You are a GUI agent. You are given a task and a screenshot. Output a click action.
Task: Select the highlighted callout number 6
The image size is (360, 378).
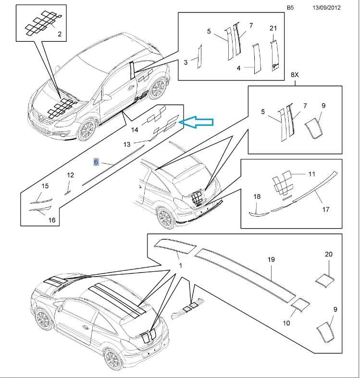click(96, 162)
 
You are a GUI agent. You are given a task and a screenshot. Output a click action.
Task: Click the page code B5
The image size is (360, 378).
click(290, 8)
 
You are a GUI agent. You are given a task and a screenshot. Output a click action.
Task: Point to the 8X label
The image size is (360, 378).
click(295, 75)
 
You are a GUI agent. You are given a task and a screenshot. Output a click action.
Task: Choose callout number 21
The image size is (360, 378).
click(273, 28)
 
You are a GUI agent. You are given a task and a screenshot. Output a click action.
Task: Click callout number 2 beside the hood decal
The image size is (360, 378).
click(60, 34)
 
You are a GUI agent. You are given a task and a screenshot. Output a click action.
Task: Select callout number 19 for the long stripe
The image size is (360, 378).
click(271, 259)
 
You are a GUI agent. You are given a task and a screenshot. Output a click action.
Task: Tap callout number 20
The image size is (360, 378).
click(329, 254)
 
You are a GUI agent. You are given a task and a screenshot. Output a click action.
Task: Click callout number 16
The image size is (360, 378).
click(52, 220)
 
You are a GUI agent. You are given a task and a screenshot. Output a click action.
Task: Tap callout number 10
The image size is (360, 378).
click(286, 323)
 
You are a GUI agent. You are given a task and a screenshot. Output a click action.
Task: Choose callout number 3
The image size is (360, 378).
click(186, 62)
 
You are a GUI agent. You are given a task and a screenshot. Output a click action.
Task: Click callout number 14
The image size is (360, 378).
click(134, 130)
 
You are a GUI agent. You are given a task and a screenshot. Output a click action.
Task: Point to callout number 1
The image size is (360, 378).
click(180, 266)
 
